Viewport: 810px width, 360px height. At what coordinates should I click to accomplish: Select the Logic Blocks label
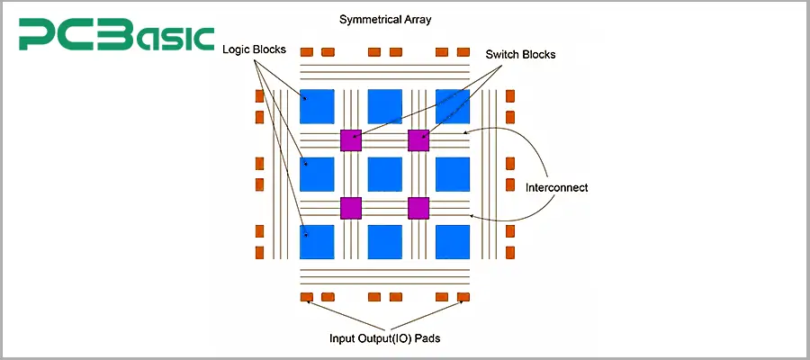pos(256,49)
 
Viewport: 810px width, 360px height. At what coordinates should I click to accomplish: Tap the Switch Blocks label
pos(520,54)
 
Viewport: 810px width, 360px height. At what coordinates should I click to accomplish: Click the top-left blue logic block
pos(317,106)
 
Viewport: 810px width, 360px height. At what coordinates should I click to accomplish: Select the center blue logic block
pos(385,174)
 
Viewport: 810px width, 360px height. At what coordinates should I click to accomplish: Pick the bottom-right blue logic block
pos(453,242)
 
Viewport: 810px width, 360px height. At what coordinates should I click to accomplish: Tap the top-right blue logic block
pos(453,106)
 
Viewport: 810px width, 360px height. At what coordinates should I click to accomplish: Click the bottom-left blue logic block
pos(317,242)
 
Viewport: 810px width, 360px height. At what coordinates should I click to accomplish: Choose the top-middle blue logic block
pos(385,106)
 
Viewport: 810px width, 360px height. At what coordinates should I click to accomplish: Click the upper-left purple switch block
pos(351,140)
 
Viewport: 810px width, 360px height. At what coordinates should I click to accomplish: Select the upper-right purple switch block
pos(418,140)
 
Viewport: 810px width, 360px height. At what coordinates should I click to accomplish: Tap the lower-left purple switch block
pos(351,208)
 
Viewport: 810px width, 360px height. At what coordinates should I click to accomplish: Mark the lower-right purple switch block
pos(418,208)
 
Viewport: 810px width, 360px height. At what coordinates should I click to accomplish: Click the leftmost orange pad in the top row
pos(306,51)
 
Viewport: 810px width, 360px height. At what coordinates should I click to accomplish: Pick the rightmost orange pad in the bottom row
pos(463,297)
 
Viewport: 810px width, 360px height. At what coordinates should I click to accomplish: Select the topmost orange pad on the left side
pos(259,95)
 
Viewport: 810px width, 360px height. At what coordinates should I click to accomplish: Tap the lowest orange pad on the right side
pos(510,253)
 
